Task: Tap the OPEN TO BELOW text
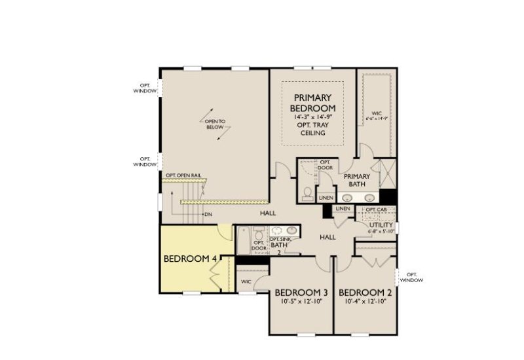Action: click(x=215, y=125)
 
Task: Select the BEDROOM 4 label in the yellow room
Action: click(x=190, y=259)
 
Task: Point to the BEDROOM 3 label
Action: click(x=301, y=292)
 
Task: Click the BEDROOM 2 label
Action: click(x=365, y=292)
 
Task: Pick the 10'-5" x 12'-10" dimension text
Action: click(x=301, y=302)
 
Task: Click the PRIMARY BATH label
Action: click(x=357, y=180)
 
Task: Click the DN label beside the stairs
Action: click(x=208, y=214)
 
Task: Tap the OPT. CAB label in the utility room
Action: click(x=375, y=209)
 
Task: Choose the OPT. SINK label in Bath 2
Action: click(x=280, y=240)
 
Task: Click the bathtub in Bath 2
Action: click(x=244, y=241)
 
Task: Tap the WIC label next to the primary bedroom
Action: click(x=376, y=115)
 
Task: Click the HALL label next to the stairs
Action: click(x=268, y=213)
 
